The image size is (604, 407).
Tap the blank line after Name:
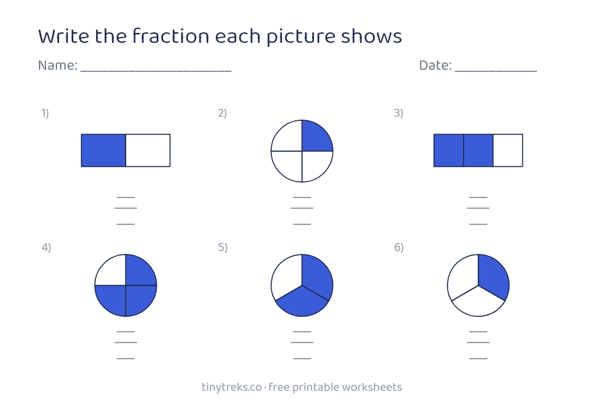tap(156, 71)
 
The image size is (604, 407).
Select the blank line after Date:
tap(496, 71)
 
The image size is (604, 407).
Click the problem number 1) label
tap(45, 113)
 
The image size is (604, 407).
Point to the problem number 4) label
tap(46, 247)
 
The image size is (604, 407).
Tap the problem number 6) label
tap(399, 247)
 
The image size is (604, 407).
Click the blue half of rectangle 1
tap(103, 150)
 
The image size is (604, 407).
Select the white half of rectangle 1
tap(148, 150)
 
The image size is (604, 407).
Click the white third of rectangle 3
tap(508, 150)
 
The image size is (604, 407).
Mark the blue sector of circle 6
tap(494, 276)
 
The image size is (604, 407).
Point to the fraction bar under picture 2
tap(302, 208)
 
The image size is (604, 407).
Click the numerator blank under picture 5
tap(302, 332)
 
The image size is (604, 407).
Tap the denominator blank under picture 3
tap(478, 224)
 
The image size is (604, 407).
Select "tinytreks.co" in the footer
tap(232, 388)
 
